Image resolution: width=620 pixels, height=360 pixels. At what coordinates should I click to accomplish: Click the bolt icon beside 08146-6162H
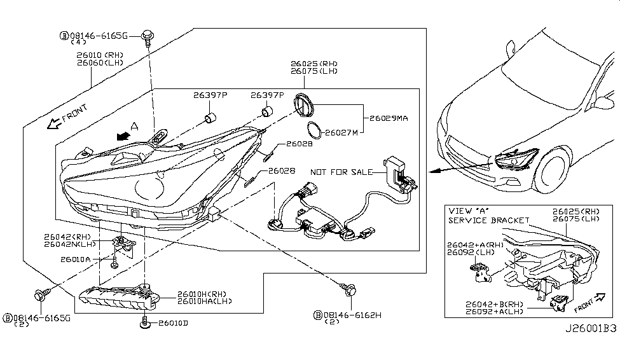[x=349, y=291]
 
